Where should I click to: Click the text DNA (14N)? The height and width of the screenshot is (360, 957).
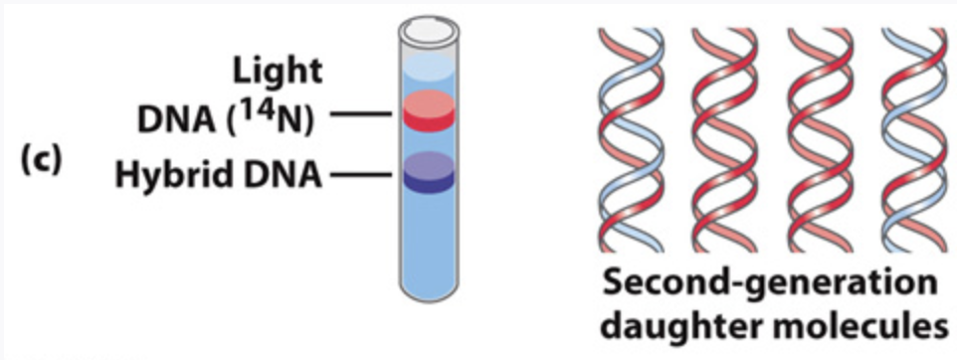(x=225, y=117)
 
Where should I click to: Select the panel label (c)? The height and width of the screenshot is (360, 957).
(x=42, y=161)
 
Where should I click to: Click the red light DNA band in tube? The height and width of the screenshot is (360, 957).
(x=429, y=110)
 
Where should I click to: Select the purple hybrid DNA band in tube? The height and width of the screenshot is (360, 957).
(x=429, y=172)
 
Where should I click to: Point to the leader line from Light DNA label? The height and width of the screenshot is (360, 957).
(x=360, y=113)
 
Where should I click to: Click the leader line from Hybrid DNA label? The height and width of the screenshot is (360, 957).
(x=360, y=175)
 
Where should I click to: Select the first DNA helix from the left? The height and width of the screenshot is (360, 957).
(x=631, y=140)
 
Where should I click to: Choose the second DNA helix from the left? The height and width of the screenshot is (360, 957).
(x=725, y=140)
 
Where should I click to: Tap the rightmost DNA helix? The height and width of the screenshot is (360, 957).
(x=914, y=140)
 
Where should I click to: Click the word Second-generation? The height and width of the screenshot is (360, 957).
(x=769, y=285)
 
